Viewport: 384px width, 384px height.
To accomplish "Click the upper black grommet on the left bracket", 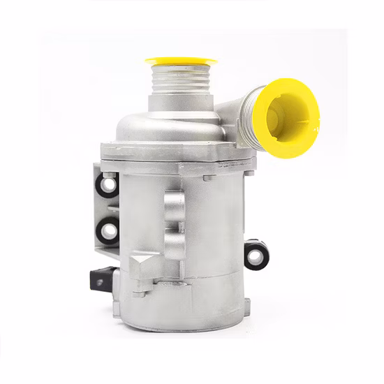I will point(108,185).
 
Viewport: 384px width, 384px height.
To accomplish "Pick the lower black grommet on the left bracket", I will point(108,228).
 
